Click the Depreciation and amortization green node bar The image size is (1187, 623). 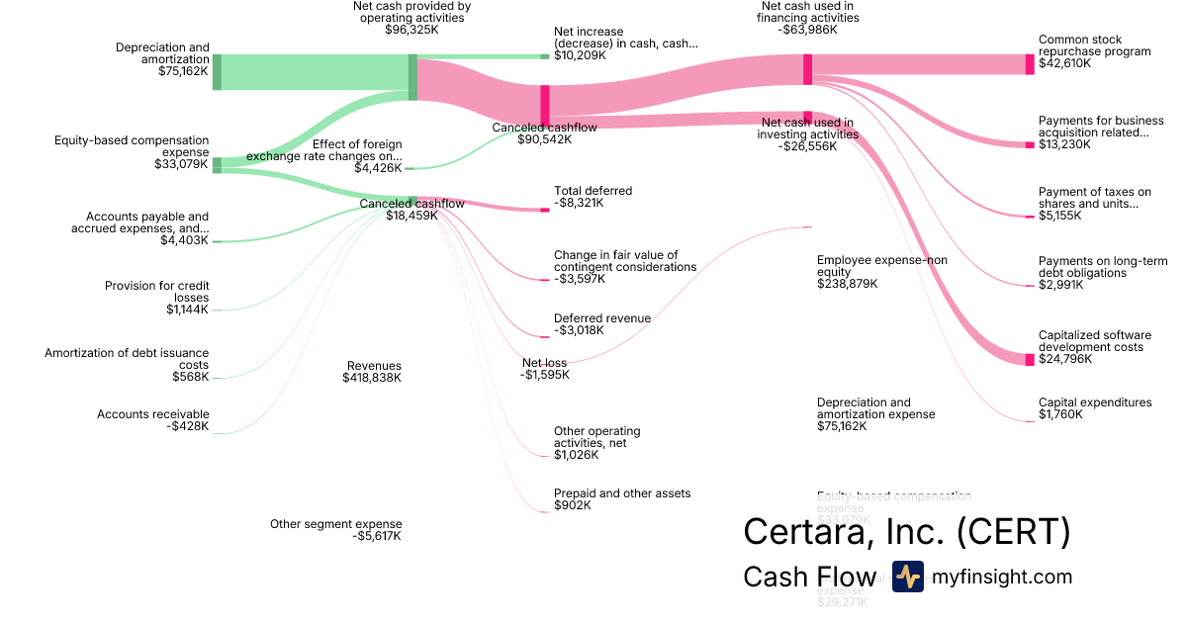pos(217,72)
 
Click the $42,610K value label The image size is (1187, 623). pos(1064,63)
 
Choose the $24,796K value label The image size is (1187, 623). pos(1065,359)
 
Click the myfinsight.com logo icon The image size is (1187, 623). pos(907,577)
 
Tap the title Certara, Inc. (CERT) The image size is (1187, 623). pos(906,531)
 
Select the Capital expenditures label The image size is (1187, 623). pos(1095,402)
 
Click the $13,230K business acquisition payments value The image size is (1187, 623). pos(1064,144)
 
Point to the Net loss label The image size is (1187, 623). pos(545,363)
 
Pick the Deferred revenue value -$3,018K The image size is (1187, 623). pos(579,330)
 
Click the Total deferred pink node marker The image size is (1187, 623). pos(544,210)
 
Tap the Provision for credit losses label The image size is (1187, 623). pos(157,292)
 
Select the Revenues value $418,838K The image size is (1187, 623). pos(372,378)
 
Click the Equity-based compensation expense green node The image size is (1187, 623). pos(217,164)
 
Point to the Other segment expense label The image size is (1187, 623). pos(336,524)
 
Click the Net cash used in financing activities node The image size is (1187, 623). pos(808,68)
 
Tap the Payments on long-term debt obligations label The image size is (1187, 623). pos(1095,267)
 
